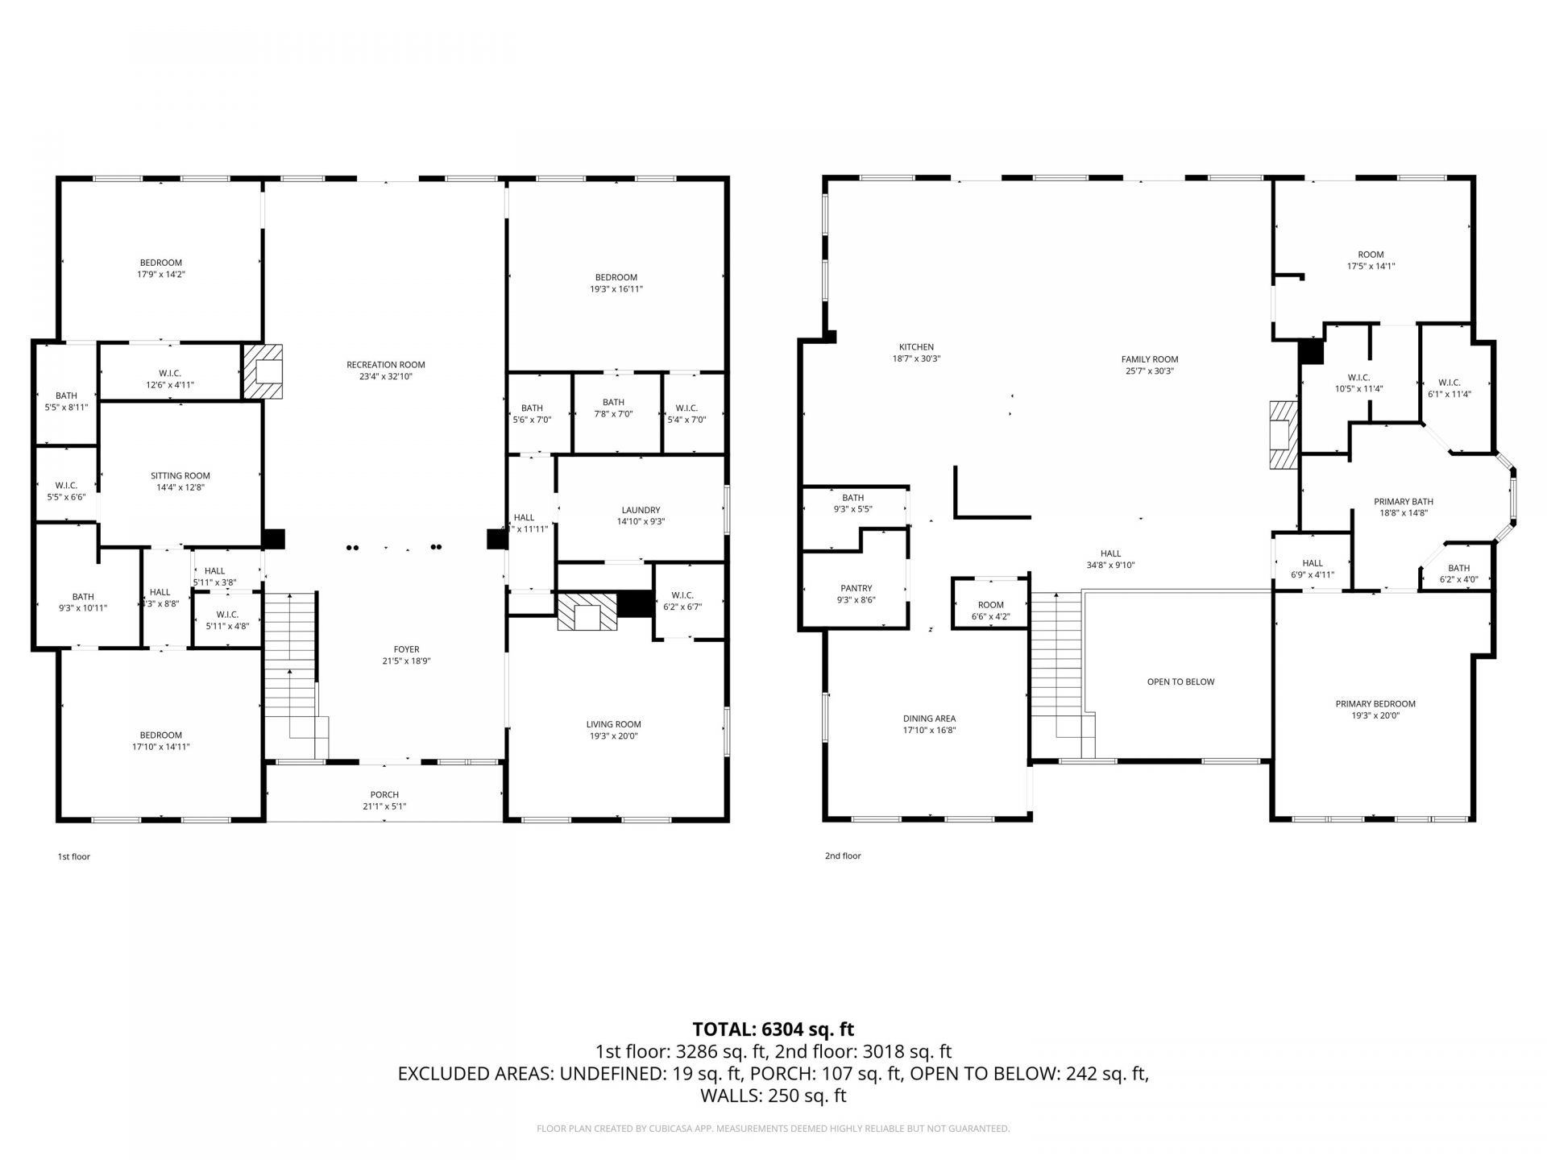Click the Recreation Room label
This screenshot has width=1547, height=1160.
tap(385, 365)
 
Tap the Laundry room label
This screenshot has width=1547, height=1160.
tap(641, 510)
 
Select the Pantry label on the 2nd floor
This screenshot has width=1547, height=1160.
tap(856, 588)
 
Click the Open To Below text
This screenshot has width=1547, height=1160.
tap(1180, 681)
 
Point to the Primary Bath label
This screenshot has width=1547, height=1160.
tap(1403, 502)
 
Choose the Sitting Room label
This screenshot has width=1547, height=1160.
tap(180, 475)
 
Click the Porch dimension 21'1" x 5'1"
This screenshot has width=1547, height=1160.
tap(384, 806)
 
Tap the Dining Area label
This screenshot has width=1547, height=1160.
tap(929, 719)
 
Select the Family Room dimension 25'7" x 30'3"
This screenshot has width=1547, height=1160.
tap(1149, 371)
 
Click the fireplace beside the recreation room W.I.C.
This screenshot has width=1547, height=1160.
tap(263, 371)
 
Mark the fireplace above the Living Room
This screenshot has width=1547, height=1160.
tap(587, 612)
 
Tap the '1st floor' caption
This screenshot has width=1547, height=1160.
tap(74, 856)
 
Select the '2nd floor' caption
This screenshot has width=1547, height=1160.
tap(843, 855)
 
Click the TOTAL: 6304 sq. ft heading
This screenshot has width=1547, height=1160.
tap(773, 1029)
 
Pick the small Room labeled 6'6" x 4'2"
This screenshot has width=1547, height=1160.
tap(990, 611)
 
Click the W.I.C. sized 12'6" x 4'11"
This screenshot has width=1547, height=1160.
tap(169, 379)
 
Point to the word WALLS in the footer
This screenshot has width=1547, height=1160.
tap(728, 1096)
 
